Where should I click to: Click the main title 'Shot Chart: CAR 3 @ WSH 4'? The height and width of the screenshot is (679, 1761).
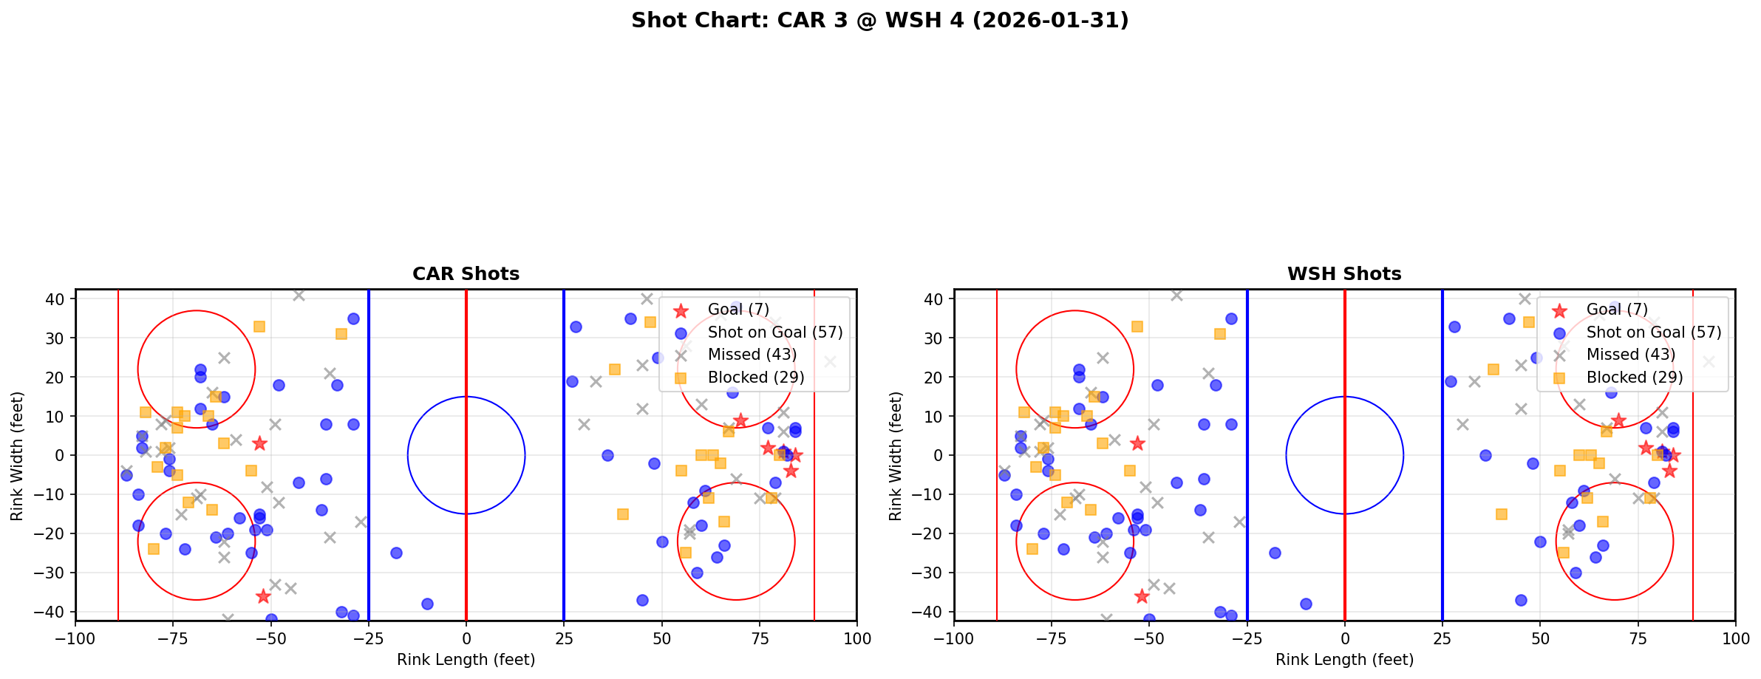[879, 21]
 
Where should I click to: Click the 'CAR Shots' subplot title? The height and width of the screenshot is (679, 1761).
[466, 274]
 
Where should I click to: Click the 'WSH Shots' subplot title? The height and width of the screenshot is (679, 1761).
[1344, 274]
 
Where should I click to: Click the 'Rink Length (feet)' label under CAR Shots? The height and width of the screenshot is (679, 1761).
[466, 660]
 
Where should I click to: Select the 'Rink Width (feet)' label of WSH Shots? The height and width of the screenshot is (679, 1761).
[896, 456]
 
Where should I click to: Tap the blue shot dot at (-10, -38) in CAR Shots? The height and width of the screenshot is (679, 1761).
[427, 604]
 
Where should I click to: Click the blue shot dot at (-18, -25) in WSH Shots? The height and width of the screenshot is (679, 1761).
[1275, 553]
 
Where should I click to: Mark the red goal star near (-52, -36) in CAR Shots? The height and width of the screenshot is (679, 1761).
[263, 596]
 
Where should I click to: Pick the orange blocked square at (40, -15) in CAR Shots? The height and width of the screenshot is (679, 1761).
[622, 514]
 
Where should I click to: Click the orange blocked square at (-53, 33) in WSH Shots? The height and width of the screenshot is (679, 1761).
[1137, 327]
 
